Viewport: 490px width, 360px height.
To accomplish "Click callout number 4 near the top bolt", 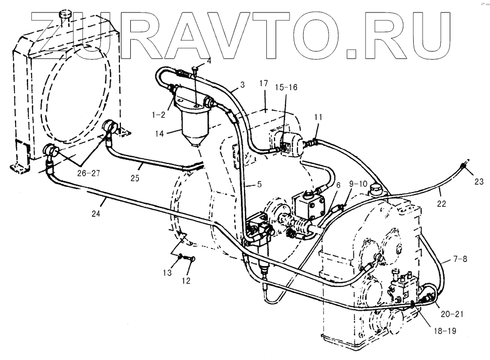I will click(209, 61).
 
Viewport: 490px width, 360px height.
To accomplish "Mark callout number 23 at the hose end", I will click(479, 181).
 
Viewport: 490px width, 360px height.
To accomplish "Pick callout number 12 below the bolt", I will click(186, 281).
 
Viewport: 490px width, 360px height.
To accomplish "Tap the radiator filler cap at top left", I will click(65, 15).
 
